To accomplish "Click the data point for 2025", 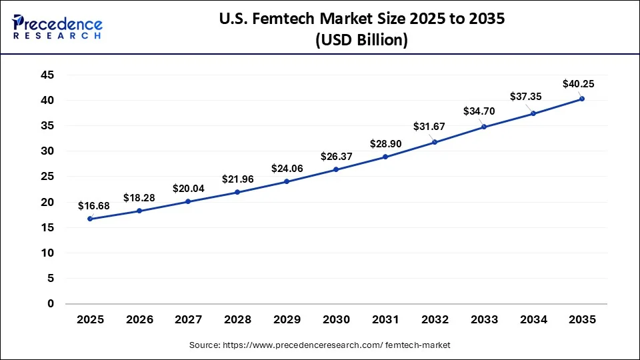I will coord(90,219).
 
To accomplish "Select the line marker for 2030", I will coord(336,169).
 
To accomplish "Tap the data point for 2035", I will coord(582,99).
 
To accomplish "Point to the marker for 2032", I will coord(435,142).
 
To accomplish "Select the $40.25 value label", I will coord(577,84).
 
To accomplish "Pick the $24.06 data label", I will coord(287,169).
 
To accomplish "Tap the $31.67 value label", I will coord(428,127).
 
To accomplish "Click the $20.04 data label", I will coord(189,189).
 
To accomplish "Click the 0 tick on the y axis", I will coord(50,304).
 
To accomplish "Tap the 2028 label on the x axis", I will coord(238,320).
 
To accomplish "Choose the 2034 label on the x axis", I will coord(533,320).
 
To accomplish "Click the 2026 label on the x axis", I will coord(139,320).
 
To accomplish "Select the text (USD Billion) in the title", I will coord(361,40).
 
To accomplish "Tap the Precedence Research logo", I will coord(57,28).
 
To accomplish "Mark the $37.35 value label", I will coord(526,97).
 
